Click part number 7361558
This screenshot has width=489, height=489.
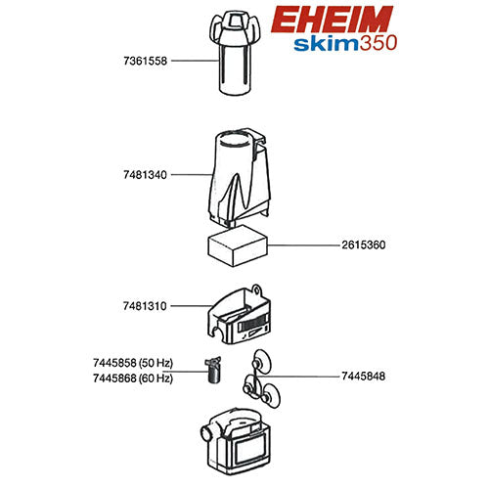pos(142,61)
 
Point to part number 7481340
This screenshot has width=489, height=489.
pos(142,176)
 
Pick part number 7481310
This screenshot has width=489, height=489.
pos(142,306)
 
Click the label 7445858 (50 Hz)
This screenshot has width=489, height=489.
pos(132,363)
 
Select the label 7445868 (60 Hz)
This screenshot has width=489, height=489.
pos(132,378)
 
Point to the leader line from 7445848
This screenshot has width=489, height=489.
pos(303,376)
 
